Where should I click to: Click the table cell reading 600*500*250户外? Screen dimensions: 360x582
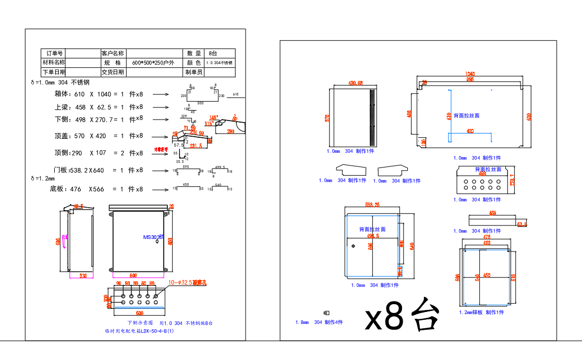(x=153, y=63)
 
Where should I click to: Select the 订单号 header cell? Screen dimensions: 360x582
(x=54, y=53)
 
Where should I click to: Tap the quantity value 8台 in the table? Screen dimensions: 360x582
(x=213, y=53)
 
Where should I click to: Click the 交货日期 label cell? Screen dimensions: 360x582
(x=113, y=72)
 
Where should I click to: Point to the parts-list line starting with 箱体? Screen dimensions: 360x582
(x=99, y=94)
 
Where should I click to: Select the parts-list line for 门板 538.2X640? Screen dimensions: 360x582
(x=98, y=170)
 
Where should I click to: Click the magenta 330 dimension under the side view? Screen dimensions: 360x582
(x=82, y=275)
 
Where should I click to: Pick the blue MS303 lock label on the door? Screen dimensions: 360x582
(x=153, y=237)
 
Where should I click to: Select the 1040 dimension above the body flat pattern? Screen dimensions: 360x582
(x=469, y=74)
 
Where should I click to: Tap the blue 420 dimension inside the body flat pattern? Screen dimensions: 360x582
(x=470, y=131)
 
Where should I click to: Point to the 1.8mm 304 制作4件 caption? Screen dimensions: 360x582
(x=319, y=322)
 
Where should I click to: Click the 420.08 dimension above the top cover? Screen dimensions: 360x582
(x=355, y=83)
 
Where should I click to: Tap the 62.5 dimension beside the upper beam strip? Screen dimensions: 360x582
(x=522, y=224)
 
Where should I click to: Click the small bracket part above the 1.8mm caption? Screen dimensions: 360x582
(x=326, y=313)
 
